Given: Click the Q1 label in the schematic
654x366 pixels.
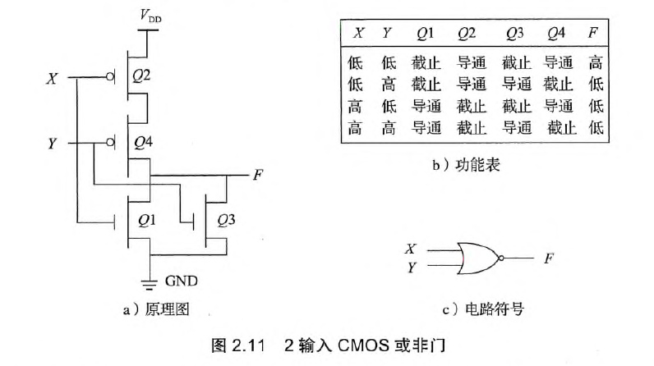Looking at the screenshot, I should tap(148, 220).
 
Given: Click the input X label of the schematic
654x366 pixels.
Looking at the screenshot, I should tap(53, 79).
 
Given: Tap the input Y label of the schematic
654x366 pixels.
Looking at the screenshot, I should tap(53, 144).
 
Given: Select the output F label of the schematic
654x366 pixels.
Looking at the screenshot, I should tap(258, 175).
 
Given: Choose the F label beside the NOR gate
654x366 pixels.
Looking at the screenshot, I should tap(548, 258).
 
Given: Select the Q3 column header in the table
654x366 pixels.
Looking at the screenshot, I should tap(514, 34).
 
